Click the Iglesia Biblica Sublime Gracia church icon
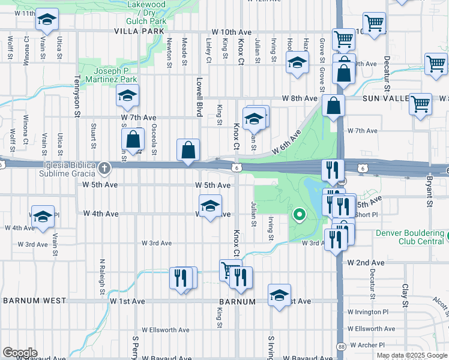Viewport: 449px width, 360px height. (105, 167)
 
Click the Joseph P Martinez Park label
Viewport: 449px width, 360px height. (111, 75)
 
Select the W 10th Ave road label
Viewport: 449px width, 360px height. (231, 32)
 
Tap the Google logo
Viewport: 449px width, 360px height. (20, 352)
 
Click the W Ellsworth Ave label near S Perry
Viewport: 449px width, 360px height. (165, 330)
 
